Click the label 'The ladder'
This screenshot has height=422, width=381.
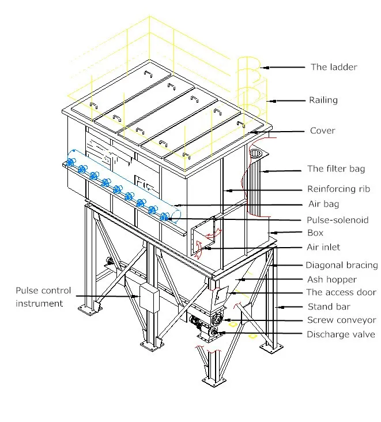pyautogui.click(x=334, y=67)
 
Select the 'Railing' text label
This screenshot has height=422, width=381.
pyautogui.click(x=323, y=100)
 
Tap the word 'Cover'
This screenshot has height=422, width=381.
pyautogui.click(x=322, y=130)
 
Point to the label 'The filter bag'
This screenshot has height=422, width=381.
pyautogui.click(x=336, y=169)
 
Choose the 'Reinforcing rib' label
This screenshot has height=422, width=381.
pyautogui.click(x=338, y=189)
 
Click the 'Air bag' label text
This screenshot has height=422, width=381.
pyautogui.click(x=323, y=204)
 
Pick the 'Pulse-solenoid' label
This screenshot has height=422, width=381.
pyautogui.click(x=338, y=220)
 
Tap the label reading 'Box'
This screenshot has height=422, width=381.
pyautogui.click(x=315, y=233)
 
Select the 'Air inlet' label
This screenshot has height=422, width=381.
pyautogui.click(x=323, y=247)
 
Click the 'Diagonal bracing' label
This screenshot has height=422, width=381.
pyautogui.click(x=341, y=266)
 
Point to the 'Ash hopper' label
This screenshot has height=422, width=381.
pyautogui.click(x=331, y=279)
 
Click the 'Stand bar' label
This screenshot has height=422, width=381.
pyautogui.click(x=329, y=307)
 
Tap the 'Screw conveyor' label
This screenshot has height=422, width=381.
pyautogui.click(x=341, y=320)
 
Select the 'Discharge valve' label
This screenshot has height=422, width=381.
pyautogui.click(x=341, y=334)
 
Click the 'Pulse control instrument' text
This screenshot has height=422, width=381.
pyautogui.click(x=43, y=297)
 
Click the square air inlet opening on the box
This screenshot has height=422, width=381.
pyautogui.click(x=202, y=237)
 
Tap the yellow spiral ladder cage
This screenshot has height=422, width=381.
pyautogui.click(x=253, y=87)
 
